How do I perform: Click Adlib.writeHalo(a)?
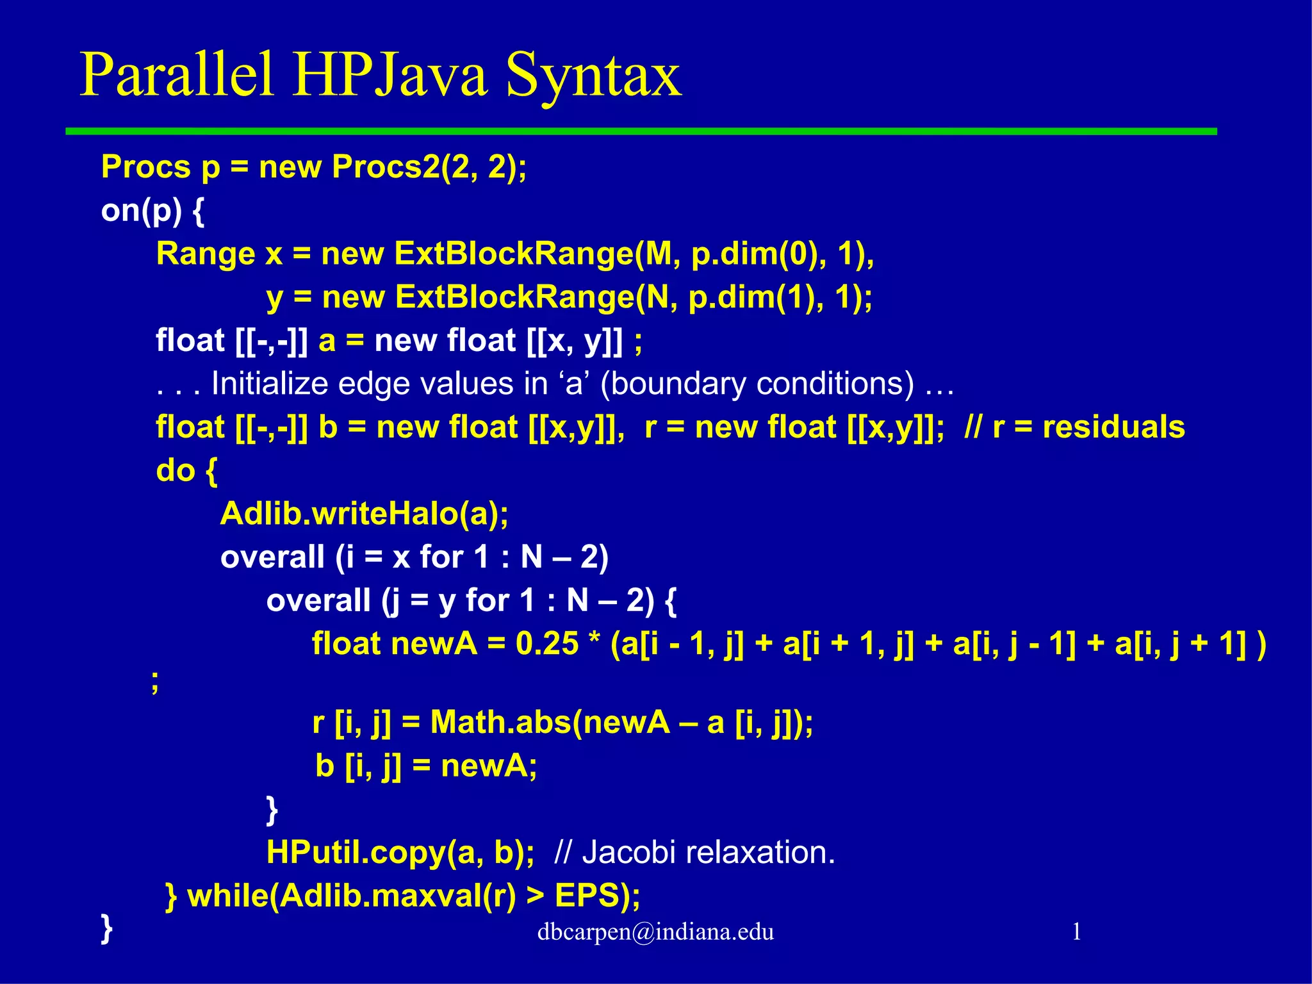pos(364,514)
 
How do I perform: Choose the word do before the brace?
pos(175,470)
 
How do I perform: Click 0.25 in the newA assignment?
pos(546,643)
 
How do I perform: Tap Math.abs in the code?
pos(498,723)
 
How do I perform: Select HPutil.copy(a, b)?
pos(400,852)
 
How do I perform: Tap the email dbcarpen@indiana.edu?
pos(655,931)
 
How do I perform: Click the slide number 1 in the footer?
pos(1076,931)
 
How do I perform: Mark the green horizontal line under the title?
pos(641,131)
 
